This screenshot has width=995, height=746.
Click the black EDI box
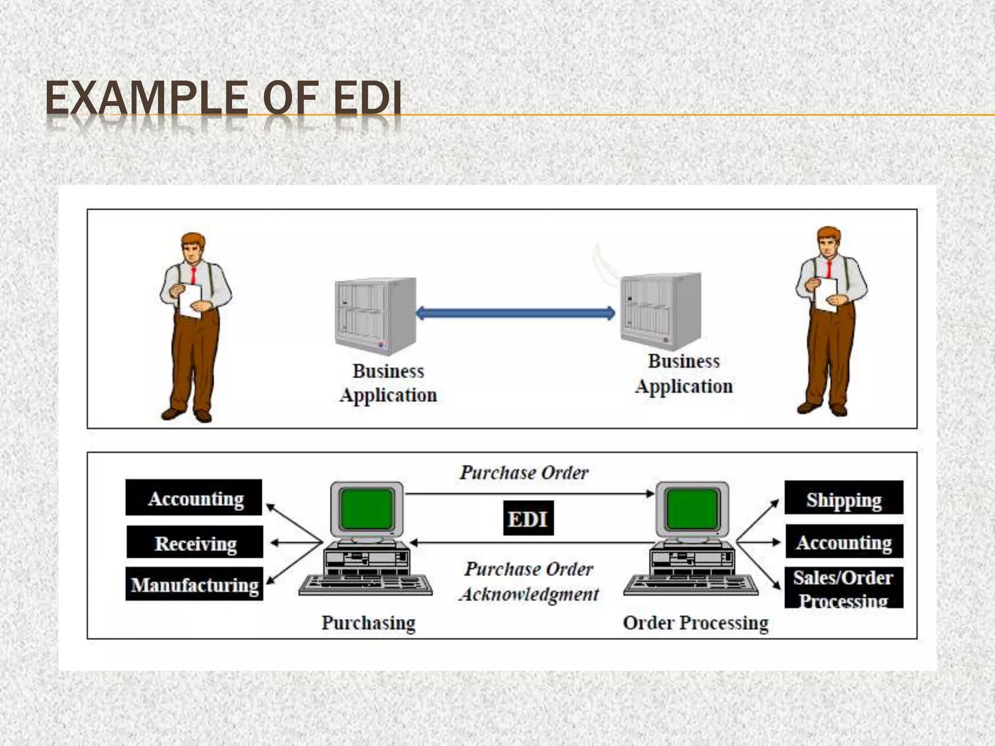[528, 518]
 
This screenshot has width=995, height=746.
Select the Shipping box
[844, 498]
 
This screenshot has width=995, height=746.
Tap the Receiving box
[195, 542]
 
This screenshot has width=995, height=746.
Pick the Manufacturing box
[194, 584]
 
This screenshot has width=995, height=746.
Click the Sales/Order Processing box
[844, 588]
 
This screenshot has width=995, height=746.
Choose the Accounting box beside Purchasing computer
[194, 498]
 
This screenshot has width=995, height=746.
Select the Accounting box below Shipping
[844, 542]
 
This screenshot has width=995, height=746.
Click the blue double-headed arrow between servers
[515, 313]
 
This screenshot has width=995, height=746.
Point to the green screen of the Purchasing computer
[367, 509]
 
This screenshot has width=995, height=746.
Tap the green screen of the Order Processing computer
[692, 509]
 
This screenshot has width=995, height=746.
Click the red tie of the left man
[193, 275]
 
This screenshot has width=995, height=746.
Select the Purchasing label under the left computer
[368, 623]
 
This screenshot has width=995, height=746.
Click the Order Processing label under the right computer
[695, 623]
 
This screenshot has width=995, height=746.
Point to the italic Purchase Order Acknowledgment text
[529, 581]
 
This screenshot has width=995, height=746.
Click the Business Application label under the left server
[388, 383]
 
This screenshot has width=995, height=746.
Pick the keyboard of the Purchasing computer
[365, 585]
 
